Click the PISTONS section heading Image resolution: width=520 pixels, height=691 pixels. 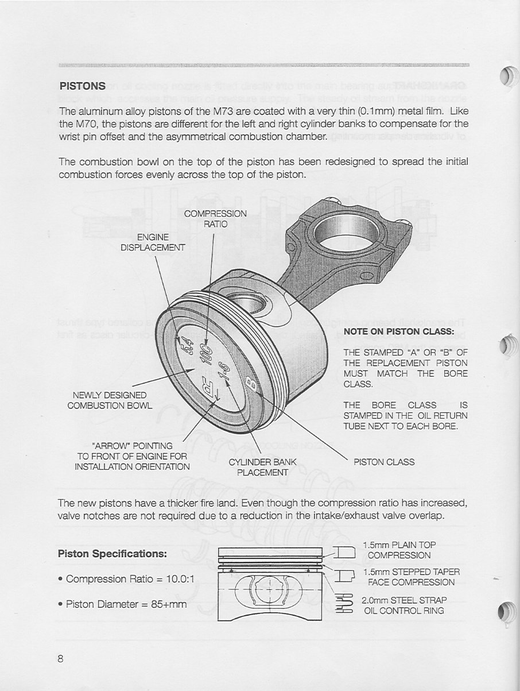pyautogui.click(x=82, y=86)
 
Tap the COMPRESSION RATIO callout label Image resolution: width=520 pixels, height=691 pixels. pyautogui.click(x=215, y=219)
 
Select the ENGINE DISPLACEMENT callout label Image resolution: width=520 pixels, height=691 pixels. pyautogui.click(x=153, y=242)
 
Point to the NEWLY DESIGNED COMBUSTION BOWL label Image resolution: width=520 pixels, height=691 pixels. pyautogui.click(x=110, y=400)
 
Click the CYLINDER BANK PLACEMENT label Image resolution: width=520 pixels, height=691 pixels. pyautogui.click(x=262, y=467)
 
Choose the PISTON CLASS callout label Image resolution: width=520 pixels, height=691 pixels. pyautogui.click(x=383, y=462)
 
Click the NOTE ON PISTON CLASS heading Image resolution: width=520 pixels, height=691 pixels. pyautogui.click(x=399, y=331)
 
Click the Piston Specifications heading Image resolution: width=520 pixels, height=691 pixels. pyautogui.click(x=112, y=554)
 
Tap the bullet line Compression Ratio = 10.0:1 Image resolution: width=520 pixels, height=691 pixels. pyautogui.click(x=127, y=579)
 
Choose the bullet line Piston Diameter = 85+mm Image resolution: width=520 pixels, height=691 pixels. pyautogui.click(x=123, y=604)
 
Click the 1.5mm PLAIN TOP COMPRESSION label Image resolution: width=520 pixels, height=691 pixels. pyautogui.click(x=399, y=550)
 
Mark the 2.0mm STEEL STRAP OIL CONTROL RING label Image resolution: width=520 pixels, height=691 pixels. pyautogui.click(x=404, y=605)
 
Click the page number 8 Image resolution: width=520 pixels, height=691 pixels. pyautogui.click(x=60, y=659)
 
